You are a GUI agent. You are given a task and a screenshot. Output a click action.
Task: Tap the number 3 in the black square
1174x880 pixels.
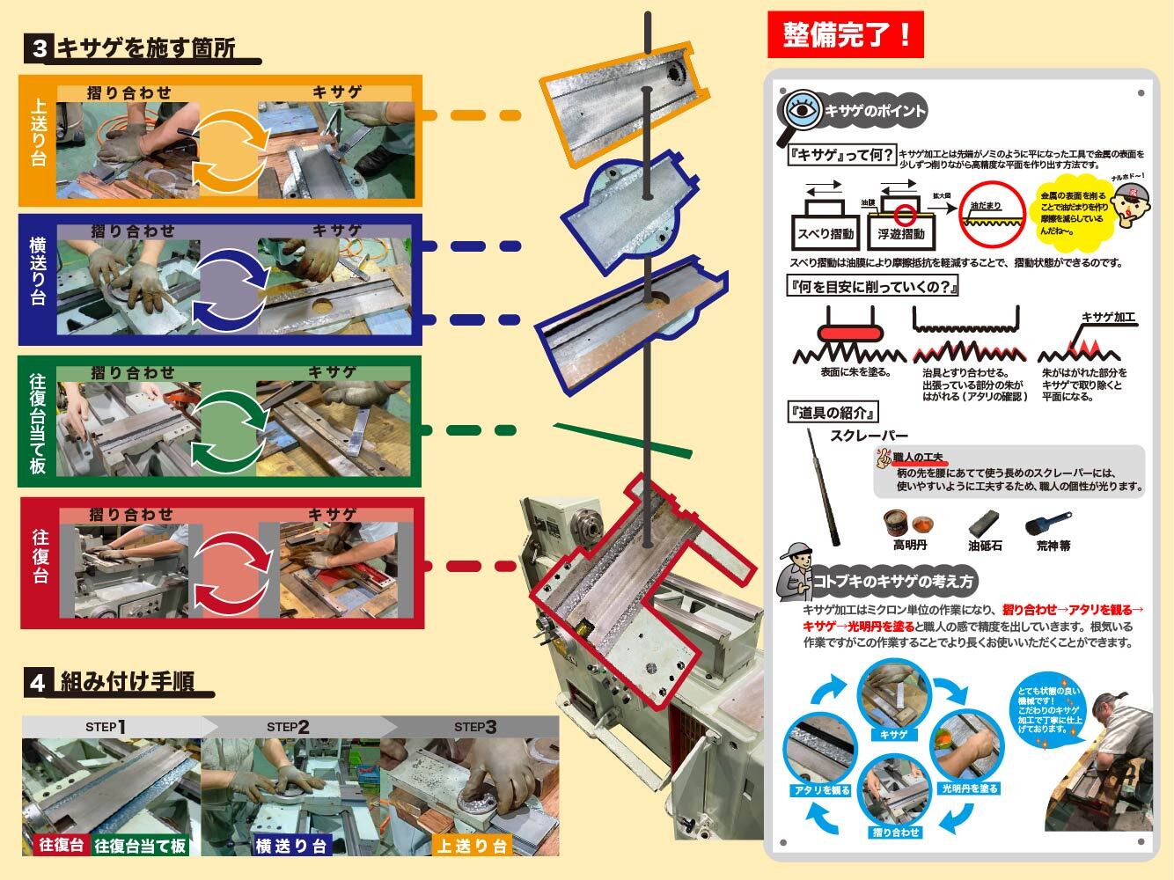point(39,49)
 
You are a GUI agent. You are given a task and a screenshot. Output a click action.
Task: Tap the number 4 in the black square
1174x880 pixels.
point(37,683)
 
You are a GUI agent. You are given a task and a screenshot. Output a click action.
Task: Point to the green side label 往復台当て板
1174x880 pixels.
point(38,422)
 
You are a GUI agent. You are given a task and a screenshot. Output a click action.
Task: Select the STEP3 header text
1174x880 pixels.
point(475,727)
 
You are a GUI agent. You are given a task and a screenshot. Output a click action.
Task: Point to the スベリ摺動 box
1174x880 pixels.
point(824,234)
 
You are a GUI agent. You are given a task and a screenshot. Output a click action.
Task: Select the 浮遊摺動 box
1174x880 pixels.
point(901,234)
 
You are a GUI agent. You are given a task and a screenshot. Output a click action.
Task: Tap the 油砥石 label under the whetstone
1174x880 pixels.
point(985,546)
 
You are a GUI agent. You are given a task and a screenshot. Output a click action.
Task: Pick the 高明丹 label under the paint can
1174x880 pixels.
point(910,546)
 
